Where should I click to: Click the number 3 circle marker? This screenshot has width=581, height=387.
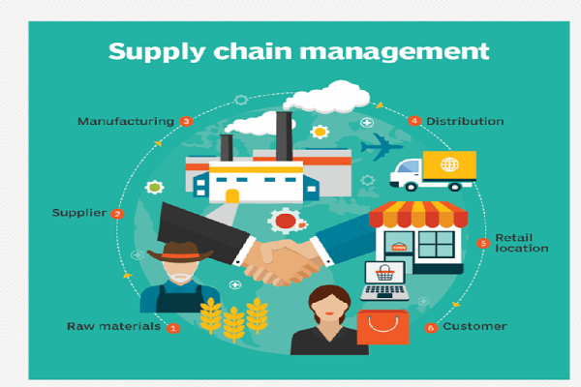186,122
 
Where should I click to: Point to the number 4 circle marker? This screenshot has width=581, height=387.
414,122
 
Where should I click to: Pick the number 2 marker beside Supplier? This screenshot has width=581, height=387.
117,213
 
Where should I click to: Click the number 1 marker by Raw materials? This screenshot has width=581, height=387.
173,327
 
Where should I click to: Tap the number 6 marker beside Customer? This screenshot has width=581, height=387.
431,327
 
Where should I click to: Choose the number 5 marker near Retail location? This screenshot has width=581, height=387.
484,243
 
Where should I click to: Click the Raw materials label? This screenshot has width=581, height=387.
113,327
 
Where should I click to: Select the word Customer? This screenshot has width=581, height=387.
474,327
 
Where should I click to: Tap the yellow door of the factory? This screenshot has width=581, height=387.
232,196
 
